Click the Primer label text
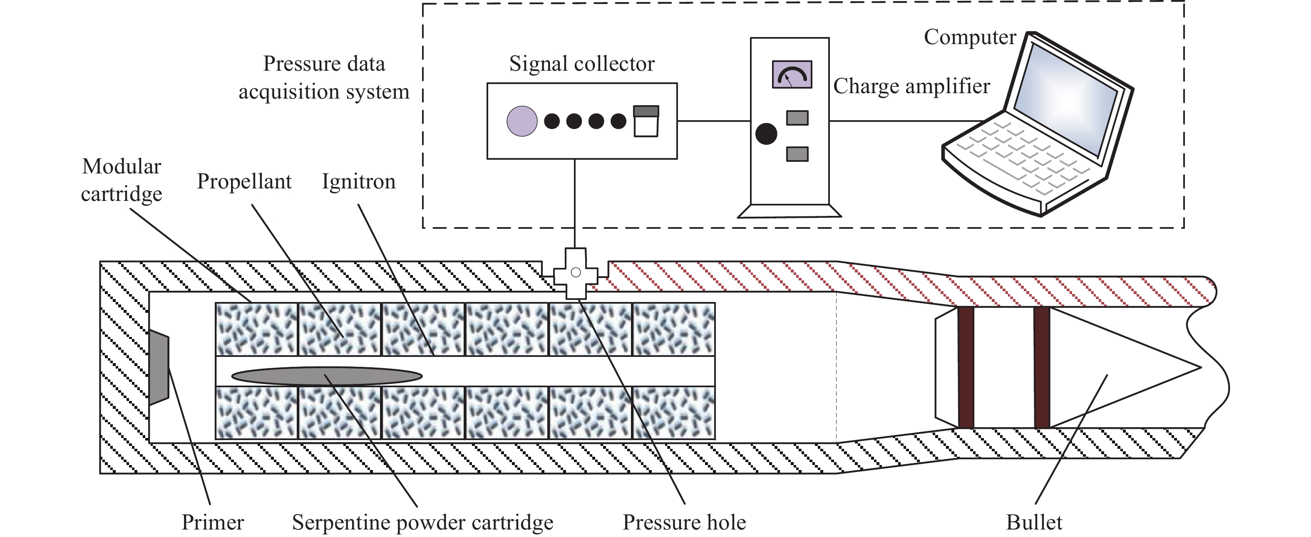click(213, 522)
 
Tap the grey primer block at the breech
click(159, 367)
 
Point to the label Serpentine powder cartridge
click(422, 522)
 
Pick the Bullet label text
click(1034, 522)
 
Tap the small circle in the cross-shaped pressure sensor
click(576, 272)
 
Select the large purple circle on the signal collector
click(521, 121)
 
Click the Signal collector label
click(582, 64)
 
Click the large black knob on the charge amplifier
click(766, 134)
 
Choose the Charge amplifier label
click(911, 86)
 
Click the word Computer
click(969, 37)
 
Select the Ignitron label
click(358, 181)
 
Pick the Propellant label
click(244, 181)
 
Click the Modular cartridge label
click(122, 180)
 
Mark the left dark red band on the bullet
click(966, 367)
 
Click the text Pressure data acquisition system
click(324, 77)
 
